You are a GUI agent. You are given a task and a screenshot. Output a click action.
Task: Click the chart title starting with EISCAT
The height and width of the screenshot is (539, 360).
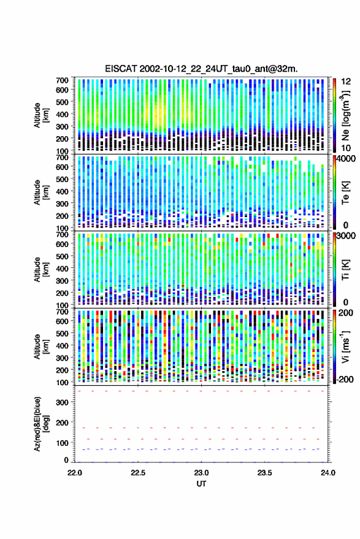point(201,69)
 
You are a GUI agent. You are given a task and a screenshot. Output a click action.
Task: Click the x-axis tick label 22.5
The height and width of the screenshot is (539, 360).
point(138,473)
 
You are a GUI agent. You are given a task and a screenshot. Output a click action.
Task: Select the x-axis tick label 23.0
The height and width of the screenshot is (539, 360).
point(202,473)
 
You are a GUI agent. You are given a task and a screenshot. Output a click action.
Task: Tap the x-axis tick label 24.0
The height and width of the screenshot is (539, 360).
point(328,473)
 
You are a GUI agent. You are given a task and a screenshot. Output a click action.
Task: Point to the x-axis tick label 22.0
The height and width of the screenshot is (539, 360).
point(75,473)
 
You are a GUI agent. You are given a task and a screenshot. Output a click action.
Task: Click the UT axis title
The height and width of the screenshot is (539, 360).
point(201,484)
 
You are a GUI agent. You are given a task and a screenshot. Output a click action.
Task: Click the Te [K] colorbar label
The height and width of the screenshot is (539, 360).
point(345,193)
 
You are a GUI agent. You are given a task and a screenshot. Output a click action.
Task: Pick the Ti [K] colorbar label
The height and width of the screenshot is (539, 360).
point(345,270)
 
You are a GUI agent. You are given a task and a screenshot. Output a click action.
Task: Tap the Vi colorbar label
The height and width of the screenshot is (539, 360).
point(345,347)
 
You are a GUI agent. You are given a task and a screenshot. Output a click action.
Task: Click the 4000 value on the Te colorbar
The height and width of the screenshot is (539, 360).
point(346,159)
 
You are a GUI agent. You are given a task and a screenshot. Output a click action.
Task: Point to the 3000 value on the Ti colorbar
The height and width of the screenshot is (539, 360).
point(346,236)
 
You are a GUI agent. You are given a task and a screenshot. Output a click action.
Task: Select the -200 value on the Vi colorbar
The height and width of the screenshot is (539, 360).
point(345,379)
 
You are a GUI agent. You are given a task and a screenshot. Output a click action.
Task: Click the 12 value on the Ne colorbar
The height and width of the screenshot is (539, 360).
point(346,82)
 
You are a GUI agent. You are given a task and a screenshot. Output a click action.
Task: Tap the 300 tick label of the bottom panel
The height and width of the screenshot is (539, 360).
point(62,402)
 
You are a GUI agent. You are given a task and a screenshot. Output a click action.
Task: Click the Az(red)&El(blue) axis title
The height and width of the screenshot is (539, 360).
point(41,424)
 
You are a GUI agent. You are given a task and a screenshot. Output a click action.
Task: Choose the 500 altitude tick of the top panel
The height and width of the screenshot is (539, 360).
point(62,102)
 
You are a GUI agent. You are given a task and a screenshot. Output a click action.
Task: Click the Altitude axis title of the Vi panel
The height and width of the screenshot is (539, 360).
point(41,346)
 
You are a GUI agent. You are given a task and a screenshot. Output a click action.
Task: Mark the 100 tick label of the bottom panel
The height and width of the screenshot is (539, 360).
point(62,443)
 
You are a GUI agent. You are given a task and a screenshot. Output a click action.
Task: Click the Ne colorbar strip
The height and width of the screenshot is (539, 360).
point(334,115)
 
